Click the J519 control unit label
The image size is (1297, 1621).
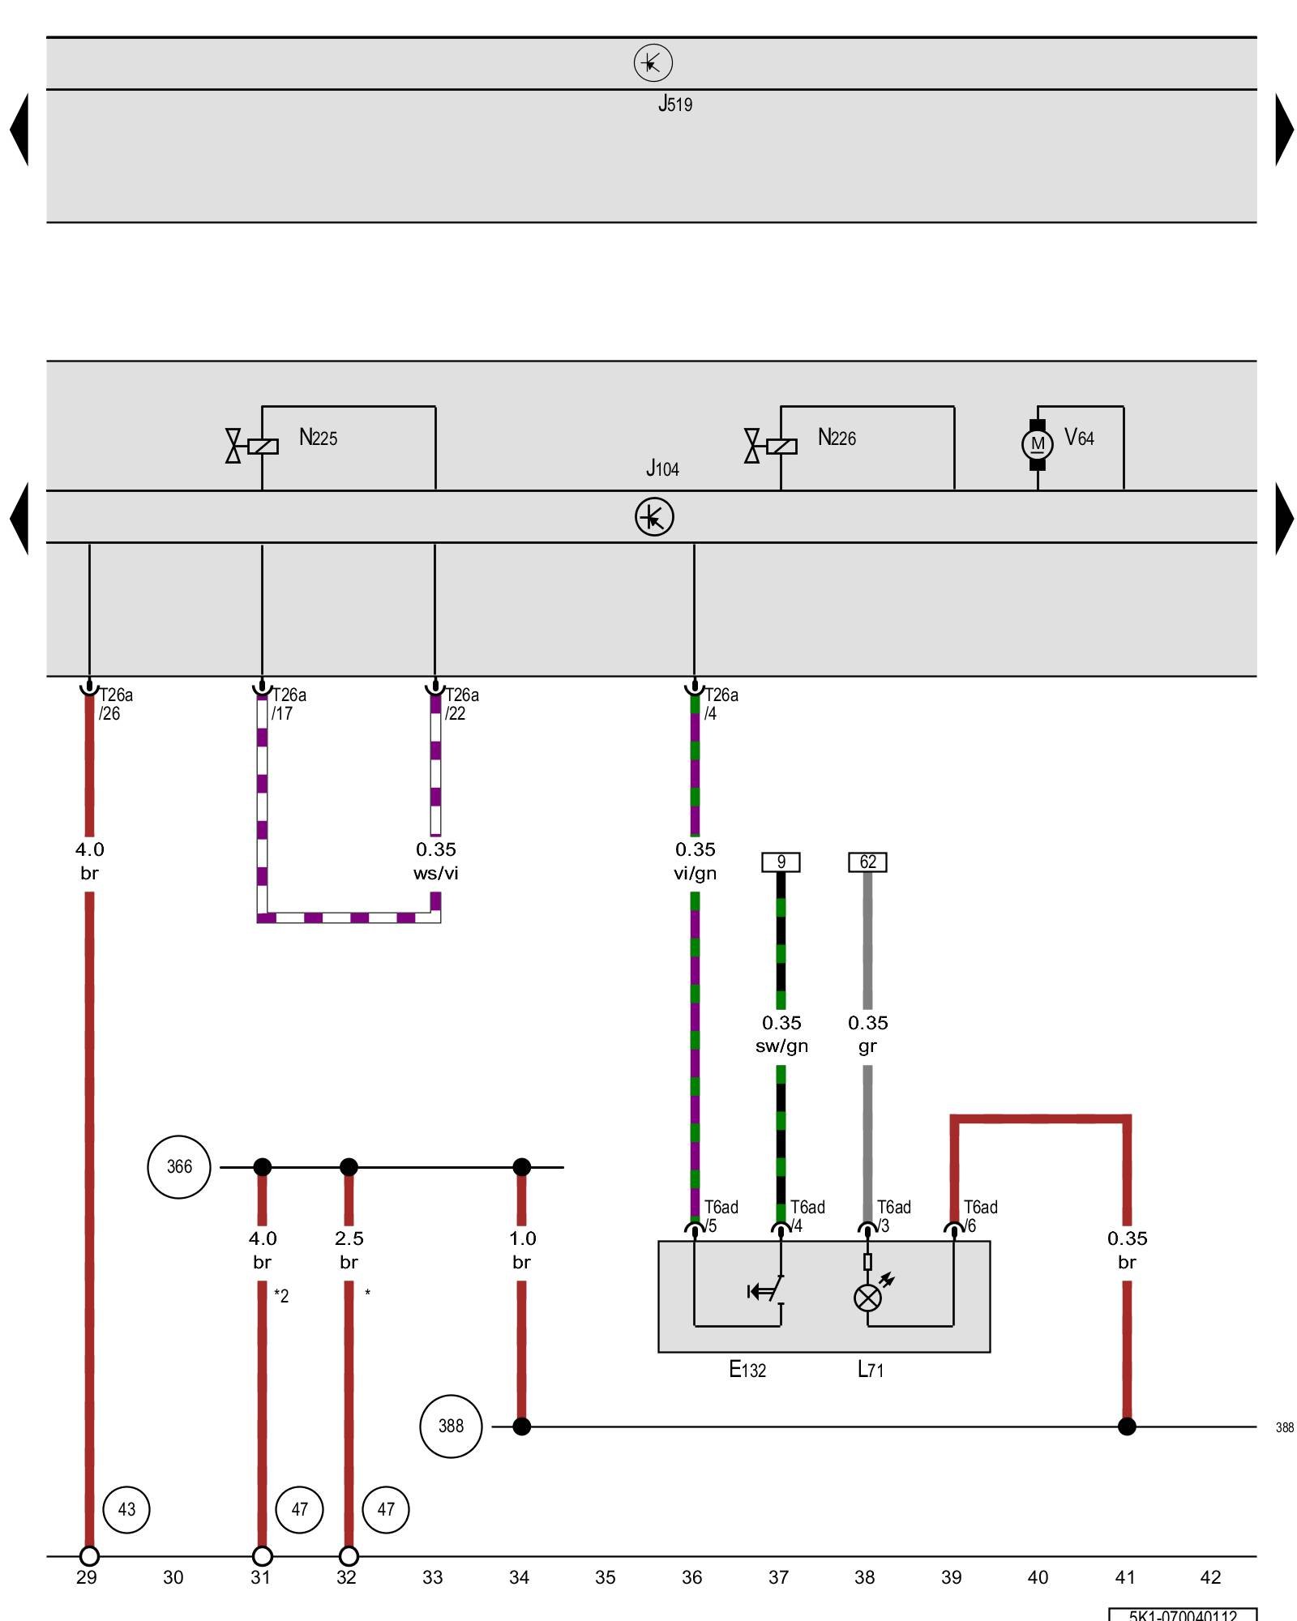point(674,104)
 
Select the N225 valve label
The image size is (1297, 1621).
point(318,438)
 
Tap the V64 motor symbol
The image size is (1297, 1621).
point(1038,444)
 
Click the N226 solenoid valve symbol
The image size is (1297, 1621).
point(771,446)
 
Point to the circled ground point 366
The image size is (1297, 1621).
point(179,1166)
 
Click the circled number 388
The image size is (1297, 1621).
point(451,1426)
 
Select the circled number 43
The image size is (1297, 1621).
point(126,1509)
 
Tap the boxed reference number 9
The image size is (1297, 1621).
point(781,862)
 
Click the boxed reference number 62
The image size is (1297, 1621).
point(867,862)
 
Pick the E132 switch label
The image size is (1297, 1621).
point(747,1370)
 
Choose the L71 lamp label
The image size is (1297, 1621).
point(871,1370)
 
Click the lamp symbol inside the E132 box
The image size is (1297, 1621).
point(868,1298)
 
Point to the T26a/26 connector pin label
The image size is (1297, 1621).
point(114,704)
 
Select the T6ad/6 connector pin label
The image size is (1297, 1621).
point(979,1216)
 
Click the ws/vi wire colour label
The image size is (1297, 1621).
point(436,873)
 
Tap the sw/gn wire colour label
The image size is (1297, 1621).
point(781,1046)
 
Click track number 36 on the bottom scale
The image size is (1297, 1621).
point(691,1577)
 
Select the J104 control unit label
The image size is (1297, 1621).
point(662,468)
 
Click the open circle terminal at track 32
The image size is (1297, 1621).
point(349,1556)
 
